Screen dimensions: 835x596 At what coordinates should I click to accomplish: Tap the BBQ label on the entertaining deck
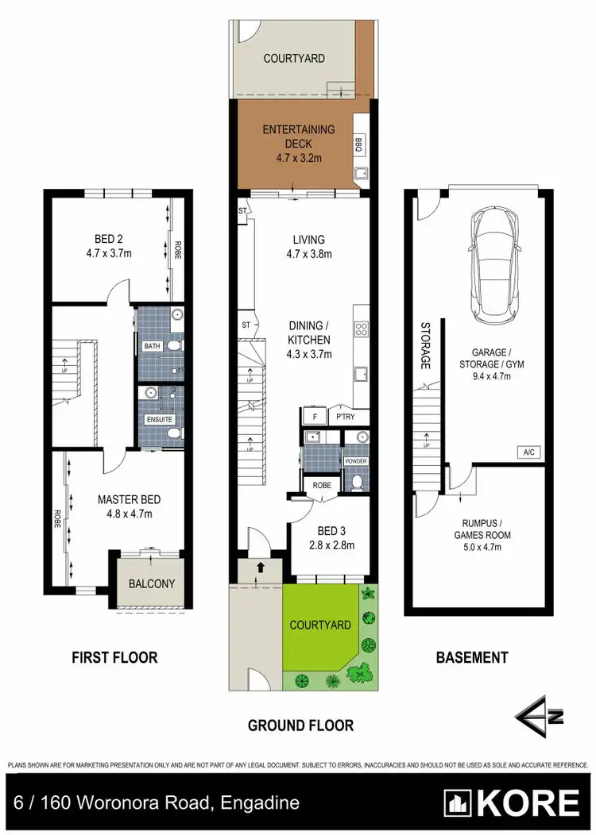[358, 144]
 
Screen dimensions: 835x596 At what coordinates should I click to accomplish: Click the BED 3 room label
[331, 532]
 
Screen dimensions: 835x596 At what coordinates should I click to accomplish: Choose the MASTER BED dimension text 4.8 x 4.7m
[129, 514]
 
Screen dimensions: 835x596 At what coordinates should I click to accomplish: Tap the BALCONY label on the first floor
[152, 583]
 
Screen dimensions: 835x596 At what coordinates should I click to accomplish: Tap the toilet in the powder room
[358, 480]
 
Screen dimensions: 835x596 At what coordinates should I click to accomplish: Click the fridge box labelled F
[315, 417]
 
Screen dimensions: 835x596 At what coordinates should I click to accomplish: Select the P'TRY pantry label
[346, 417]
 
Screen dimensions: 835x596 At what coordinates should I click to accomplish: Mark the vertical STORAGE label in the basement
[426, 347]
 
